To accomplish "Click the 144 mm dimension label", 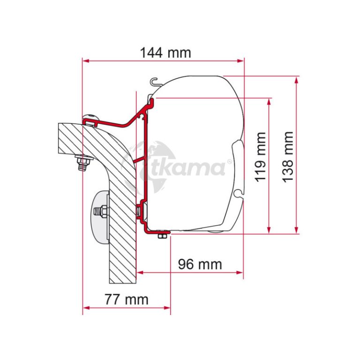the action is (165, 53).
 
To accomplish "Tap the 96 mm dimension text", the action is (200, 264).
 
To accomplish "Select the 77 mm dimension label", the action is (127, 300).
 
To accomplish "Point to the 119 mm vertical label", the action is (261, 157).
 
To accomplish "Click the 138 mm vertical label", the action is (288, 157).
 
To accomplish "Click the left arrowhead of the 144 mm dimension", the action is (86, 61).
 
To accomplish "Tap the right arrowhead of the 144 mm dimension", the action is (240, 61).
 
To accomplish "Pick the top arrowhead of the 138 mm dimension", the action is (296, 80).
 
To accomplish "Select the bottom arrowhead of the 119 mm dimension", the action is (269, 230).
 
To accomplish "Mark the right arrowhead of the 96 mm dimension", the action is (240, 272).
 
